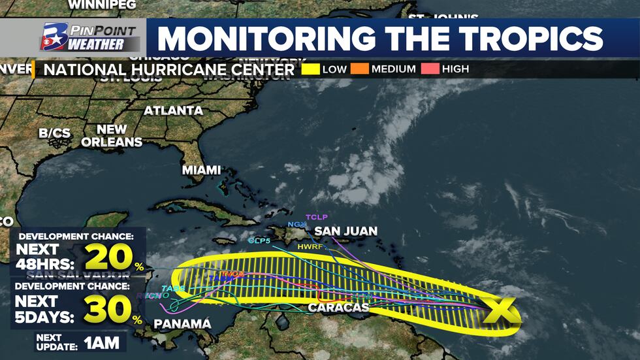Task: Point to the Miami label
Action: click(x=201, y=170)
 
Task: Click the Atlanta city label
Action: click(x=173, y=110)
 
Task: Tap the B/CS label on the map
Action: click(x=54, y=133)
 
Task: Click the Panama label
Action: click(x=182, y=324)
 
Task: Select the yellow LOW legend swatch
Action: click(x=310, y=69)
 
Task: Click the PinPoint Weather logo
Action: click(x=90, y=38)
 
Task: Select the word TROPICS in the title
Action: click(x=533, y=39)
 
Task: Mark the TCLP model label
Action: click(x=316, y=217)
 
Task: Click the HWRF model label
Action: click(x=310, y=246)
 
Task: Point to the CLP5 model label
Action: click(x=259, y=240)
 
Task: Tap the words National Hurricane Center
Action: click(x=165, y=69)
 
